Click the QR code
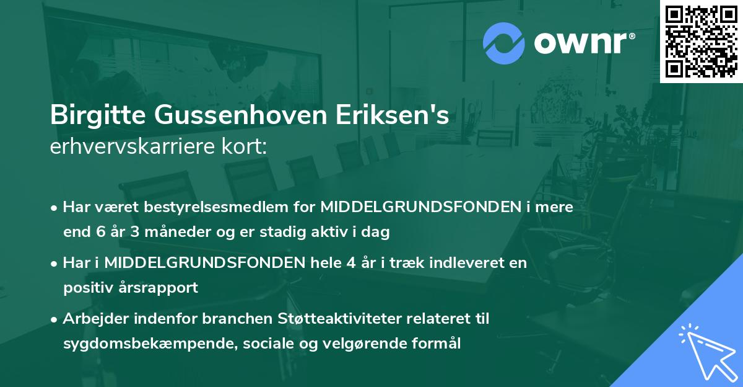702,42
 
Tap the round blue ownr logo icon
504,43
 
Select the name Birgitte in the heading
94,116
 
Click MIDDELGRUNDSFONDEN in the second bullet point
203,263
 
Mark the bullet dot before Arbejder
55,319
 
